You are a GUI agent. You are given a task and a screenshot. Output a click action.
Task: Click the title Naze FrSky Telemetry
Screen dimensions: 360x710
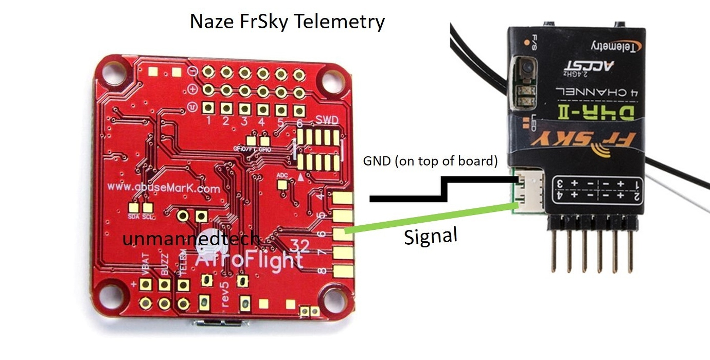[x=287, y=22]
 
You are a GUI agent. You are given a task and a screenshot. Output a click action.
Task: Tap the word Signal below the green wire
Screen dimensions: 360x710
[x=430, y=237]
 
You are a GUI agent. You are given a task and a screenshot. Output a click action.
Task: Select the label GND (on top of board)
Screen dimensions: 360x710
[x=430, y=161]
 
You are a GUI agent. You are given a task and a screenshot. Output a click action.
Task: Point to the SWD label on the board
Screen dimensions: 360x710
[x=327, y=120]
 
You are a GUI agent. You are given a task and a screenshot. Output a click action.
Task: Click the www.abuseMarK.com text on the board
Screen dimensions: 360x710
[x=164, y=188]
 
